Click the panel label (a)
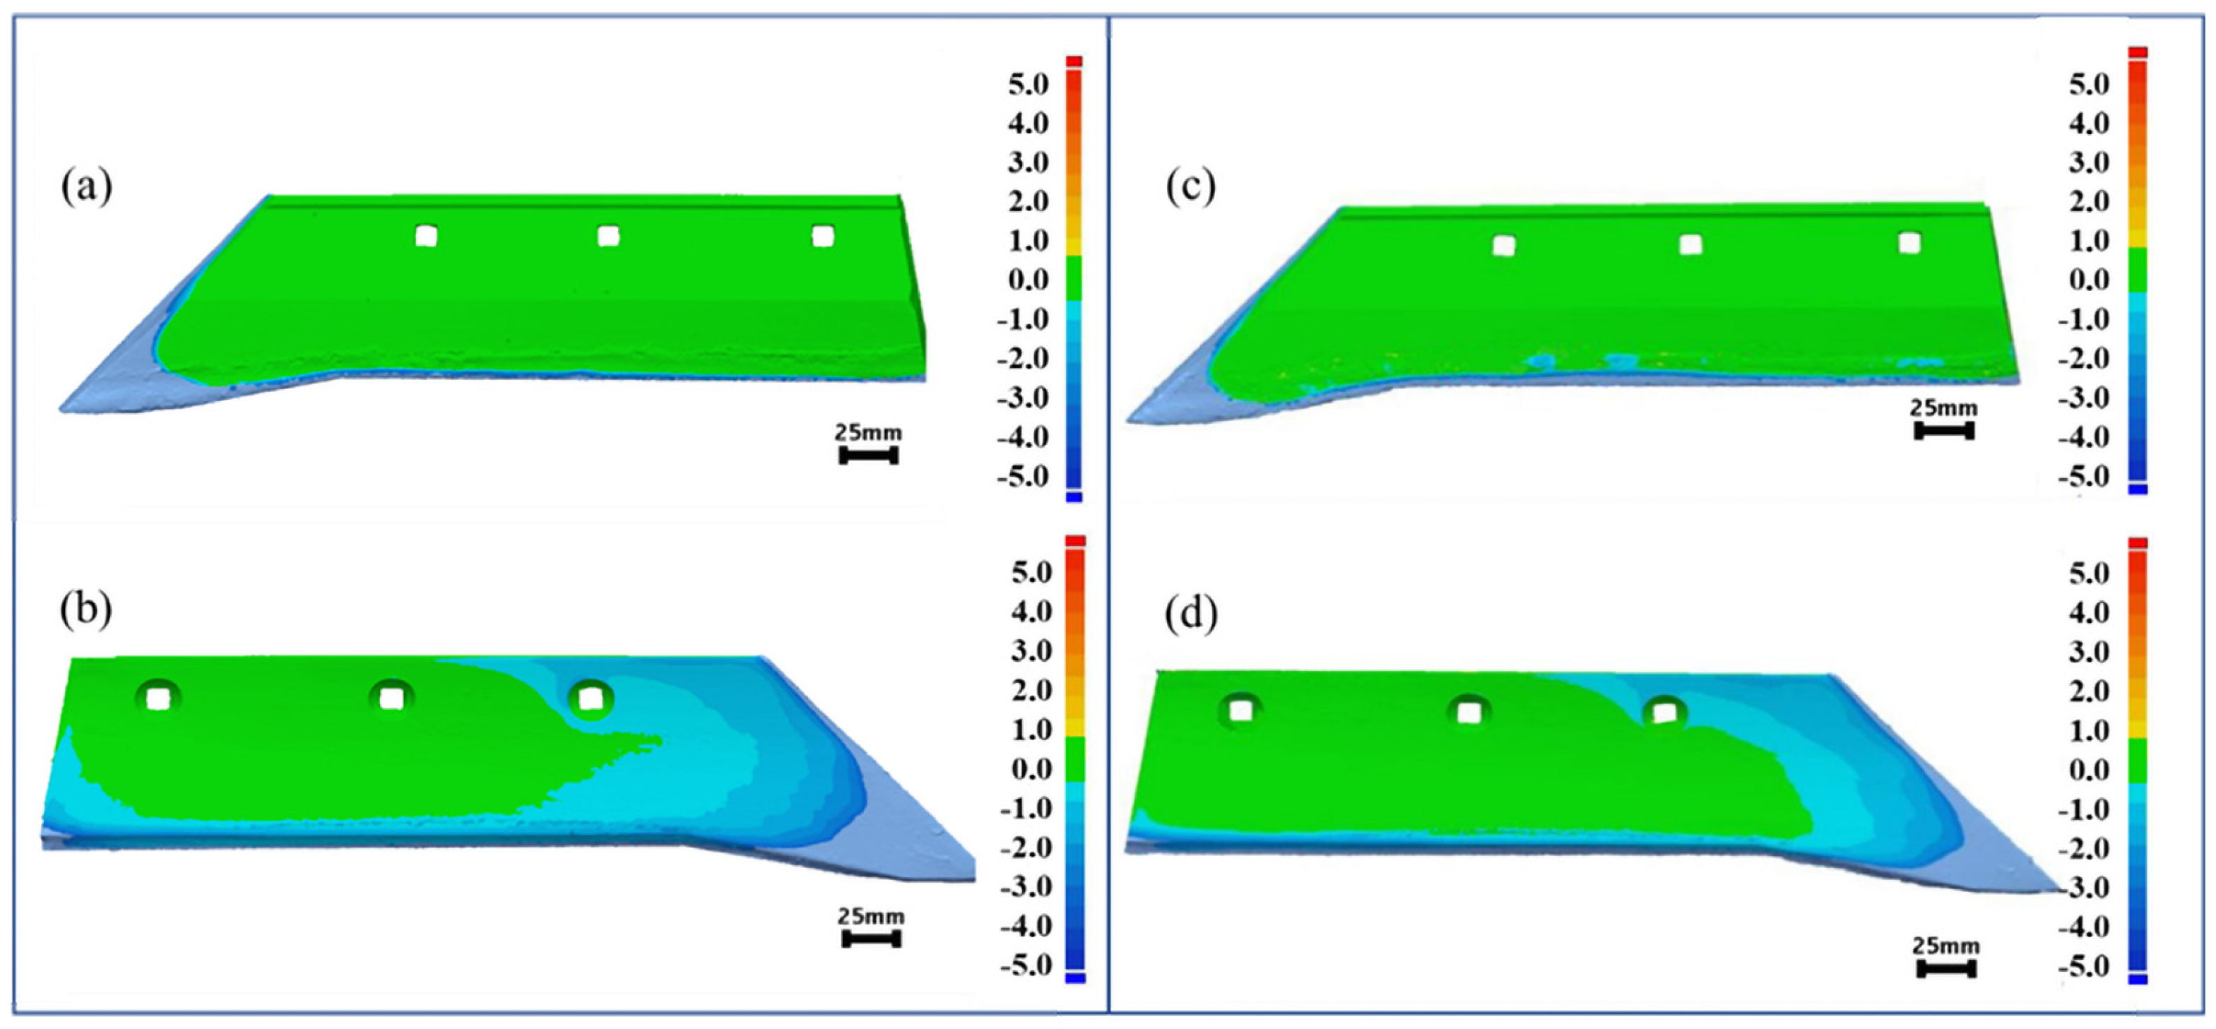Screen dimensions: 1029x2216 86,186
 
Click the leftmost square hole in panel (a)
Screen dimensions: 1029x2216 426,236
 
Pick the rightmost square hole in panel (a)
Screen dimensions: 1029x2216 822,236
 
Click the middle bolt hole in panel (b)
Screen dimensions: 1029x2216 391,698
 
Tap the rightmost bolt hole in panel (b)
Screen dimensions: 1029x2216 590,698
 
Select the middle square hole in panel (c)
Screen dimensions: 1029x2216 1690,245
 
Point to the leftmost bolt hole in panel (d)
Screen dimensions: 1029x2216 1240,710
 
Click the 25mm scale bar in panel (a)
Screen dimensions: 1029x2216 868,455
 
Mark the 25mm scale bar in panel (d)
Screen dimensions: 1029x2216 1946,969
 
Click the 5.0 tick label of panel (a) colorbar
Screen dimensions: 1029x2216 1029,84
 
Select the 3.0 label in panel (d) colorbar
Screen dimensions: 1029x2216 2090,651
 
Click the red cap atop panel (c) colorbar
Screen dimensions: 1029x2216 2138,52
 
